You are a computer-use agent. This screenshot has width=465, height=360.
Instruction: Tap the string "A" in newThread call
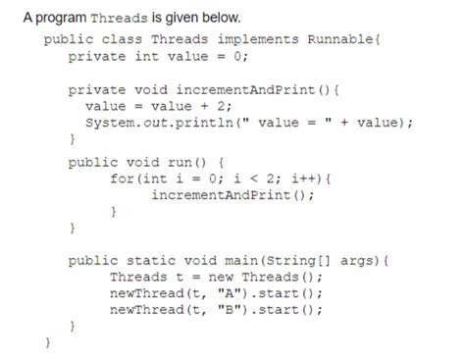(215, 295)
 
